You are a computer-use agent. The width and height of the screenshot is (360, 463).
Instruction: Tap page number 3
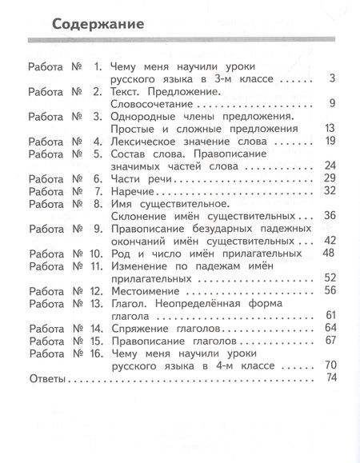pos(331,78)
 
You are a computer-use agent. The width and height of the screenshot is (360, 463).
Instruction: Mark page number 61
pos(327,314)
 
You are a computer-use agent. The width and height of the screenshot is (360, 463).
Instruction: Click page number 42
pos(327,240)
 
